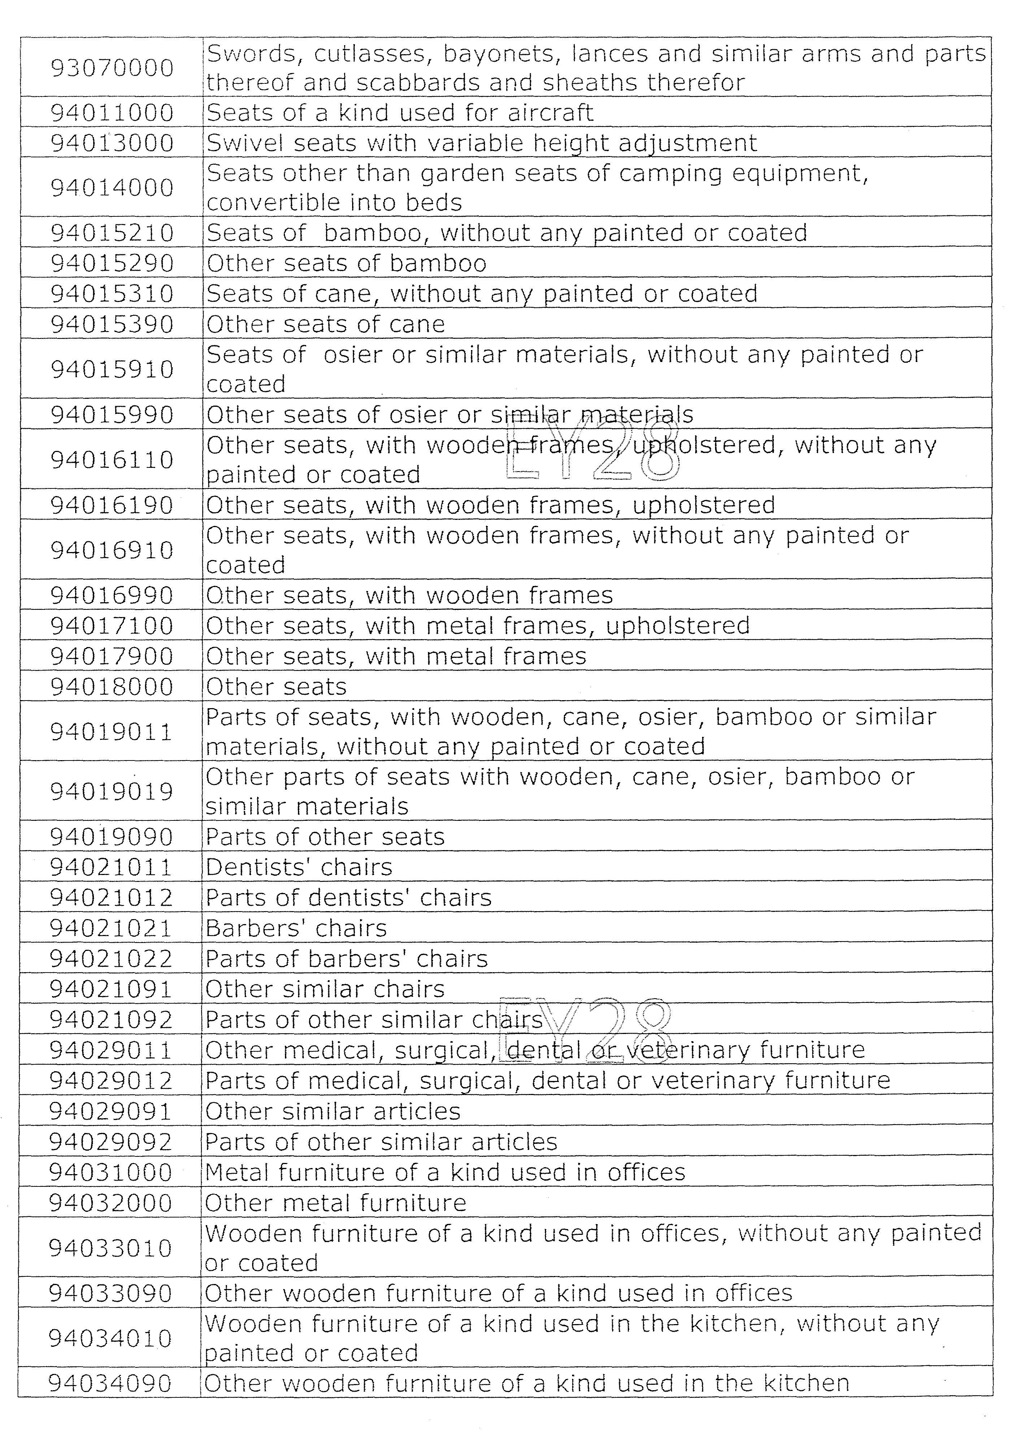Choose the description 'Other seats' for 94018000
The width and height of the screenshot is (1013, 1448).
(276, 687)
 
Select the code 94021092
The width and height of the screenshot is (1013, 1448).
(111, 1020)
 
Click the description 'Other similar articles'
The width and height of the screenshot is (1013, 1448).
(333, 1111)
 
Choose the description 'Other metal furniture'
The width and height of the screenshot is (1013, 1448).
(335, 1203)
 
